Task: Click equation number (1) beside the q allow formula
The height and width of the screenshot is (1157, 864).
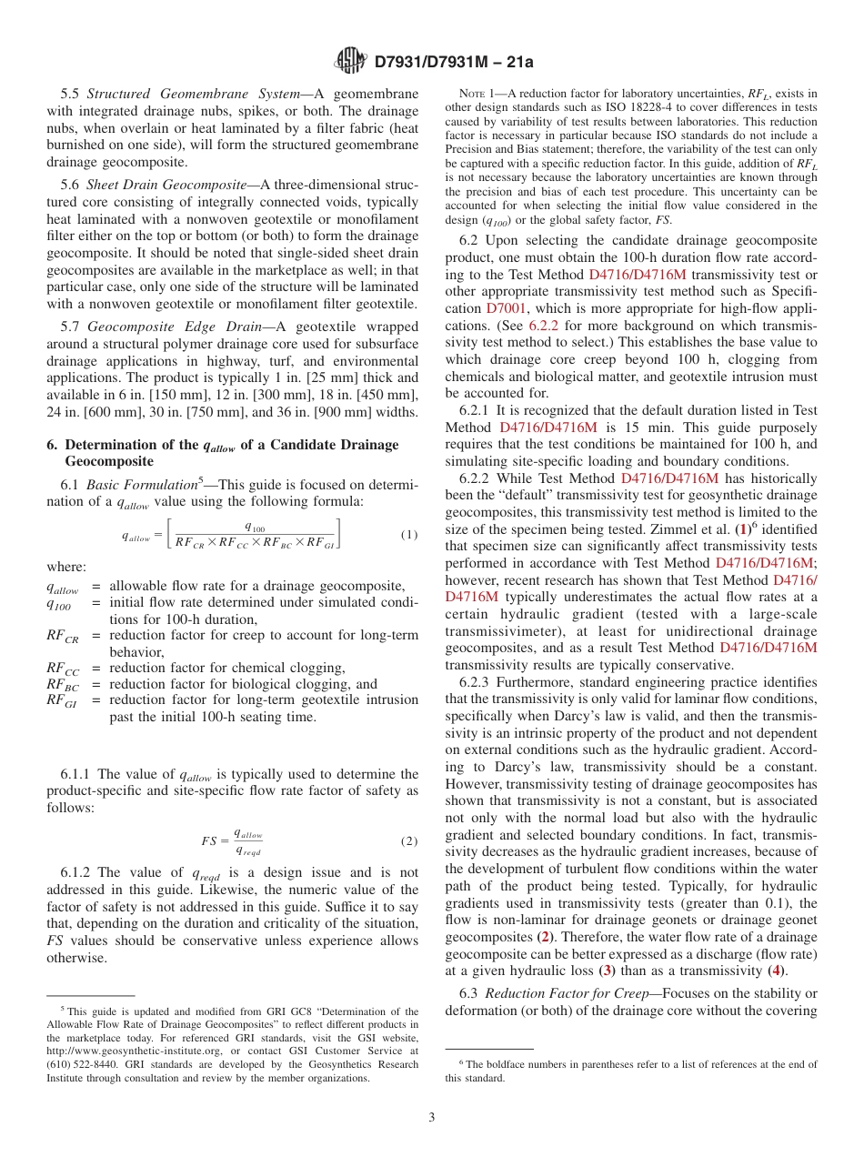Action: click(409, 535)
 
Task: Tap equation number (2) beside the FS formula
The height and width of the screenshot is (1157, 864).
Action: click(409, 840)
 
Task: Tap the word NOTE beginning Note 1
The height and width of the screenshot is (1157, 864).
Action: click(473, 94)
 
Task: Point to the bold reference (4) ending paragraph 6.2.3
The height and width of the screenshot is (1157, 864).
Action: click(778, 970)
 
